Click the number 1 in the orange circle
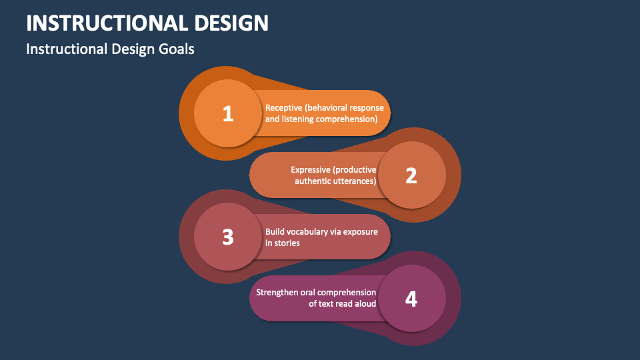[228, 113]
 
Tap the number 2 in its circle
[411, 175]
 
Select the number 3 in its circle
[228, 237]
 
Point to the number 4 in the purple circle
[411, 299]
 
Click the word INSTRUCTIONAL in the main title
[107, 23]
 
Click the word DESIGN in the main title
[231, 23]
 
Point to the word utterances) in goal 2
[356, 181]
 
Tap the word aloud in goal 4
[365, 304]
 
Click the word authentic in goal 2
[314, 181]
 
